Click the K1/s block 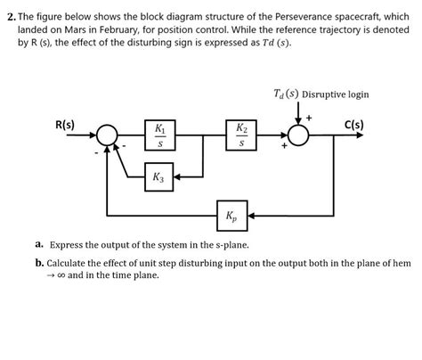[158, 135]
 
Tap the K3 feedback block [158, 178]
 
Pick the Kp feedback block [231, 215]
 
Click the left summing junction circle [107, 135]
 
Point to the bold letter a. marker [40, 244]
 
